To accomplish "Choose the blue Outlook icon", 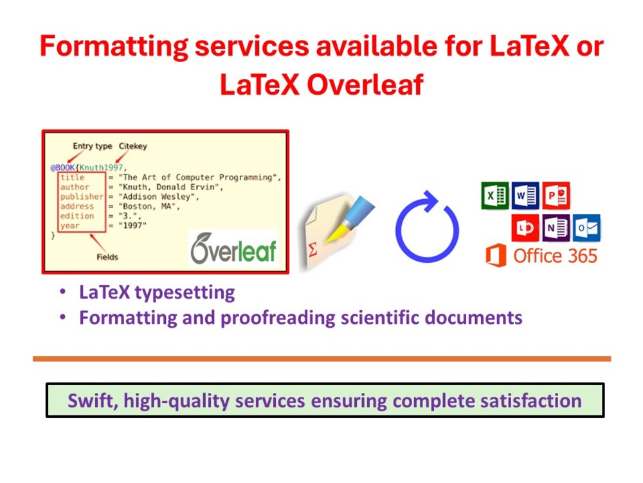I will [586, 228].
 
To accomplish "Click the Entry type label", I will [89, 146].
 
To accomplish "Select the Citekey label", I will [132, 146].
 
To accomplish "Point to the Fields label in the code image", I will [107, 257].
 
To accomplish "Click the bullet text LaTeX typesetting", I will [157, 292].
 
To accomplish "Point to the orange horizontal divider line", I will [321, 359].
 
